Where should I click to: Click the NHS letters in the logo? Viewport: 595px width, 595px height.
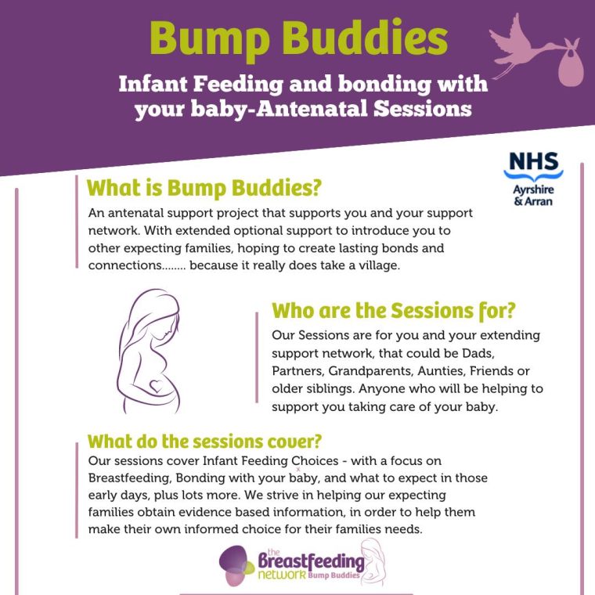533,161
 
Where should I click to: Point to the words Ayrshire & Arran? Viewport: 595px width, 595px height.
533,195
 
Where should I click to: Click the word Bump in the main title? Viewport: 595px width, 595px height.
210,39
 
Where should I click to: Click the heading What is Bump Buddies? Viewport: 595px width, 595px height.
204,188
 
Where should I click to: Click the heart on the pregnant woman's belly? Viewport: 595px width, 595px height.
156,386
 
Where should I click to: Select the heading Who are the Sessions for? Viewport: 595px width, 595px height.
394,311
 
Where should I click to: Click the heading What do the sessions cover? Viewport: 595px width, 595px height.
204,442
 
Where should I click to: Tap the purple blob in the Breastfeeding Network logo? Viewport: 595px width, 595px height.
233,559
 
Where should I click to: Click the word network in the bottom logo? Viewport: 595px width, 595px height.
282,575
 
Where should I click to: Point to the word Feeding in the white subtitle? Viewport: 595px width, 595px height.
238,85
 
